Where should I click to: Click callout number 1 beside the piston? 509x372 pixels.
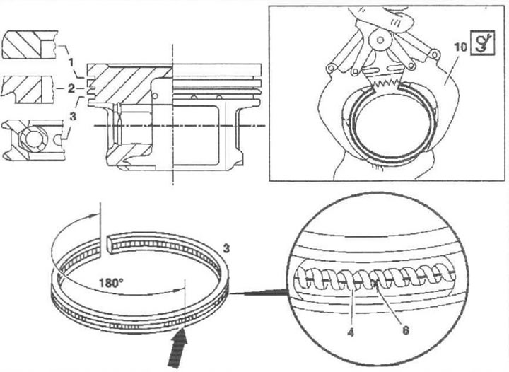pyautogui.click(x=71, y=62)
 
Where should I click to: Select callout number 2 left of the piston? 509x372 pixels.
pyautogui.click(x=71, y=88)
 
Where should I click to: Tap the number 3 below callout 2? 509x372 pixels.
pyautogui.click(x=73, y=116)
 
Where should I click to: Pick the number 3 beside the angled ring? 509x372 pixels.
pyautogui.click(x=226, y=249)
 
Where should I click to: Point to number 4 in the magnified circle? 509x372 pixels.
pyautogui.click(x=351, y=332)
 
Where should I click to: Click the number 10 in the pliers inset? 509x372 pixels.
pyautogui.click(x=461, y=47)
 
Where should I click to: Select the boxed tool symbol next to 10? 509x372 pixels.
pyautogui.click(x=482, y=42)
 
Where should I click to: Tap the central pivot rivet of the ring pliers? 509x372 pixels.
pyautogui.click(x=378, y=40)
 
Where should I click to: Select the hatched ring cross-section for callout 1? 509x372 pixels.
pyautogui.click(x=29, y=45)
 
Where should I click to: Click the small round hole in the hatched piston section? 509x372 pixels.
pyautogui.click(x=155, y=95)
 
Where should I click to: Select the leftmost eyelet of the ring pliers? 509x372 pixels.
pyautogui.click(x=330, y=68)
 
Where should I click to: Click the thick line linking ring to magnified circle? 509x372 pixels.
pyautogui.click(x=258, y=293)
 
